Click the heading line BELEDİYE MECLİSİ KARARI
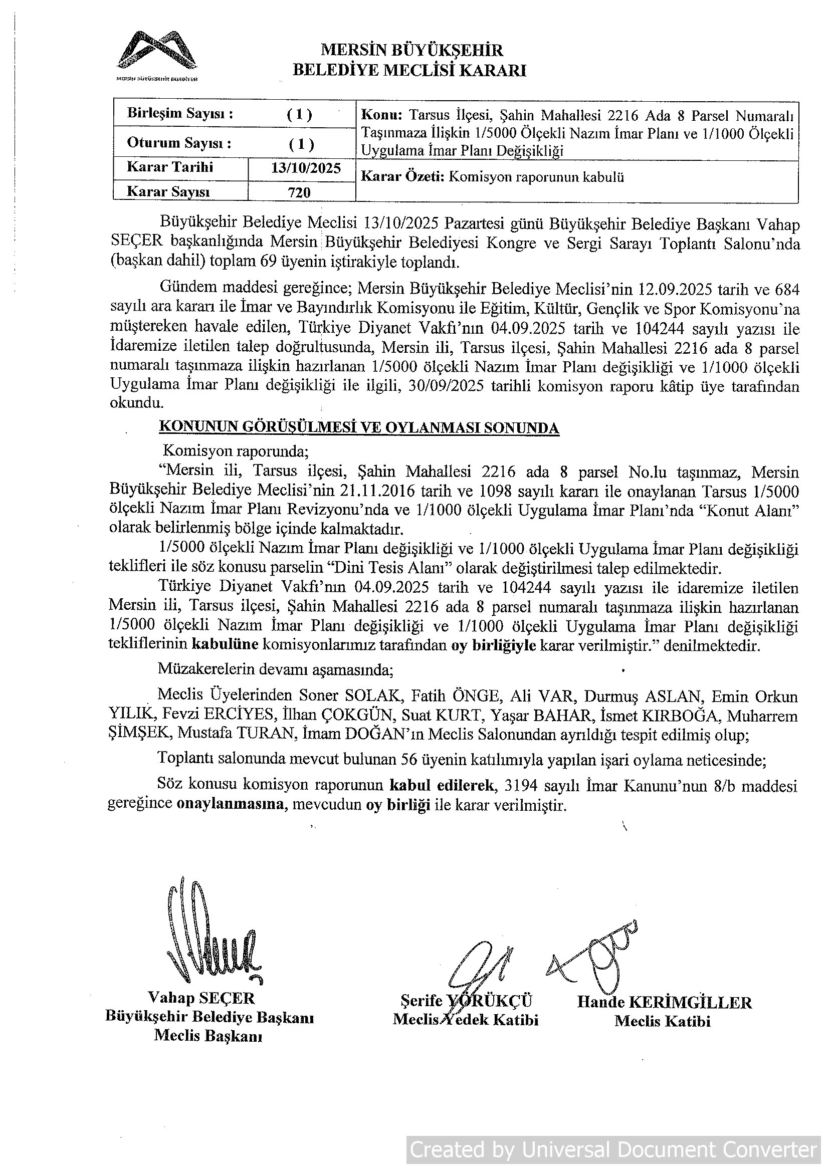(409, 71)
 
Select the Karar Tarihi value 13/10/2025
(306, 168)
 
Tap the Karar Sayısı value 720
(299, 192)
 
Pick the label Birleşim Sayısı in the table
(180, 113)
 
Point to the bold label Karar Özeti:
(404, 177)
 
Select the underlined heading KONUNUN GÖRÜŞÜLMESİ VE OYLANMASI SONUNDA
(359, 427)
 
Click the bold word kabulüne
(225, 645)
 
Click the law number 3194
(520, 799)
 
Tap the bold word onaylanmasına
(232, 819)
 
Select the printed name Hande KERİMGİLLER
(664, 1002)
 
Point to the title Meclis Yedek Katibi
(465, 1019)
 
